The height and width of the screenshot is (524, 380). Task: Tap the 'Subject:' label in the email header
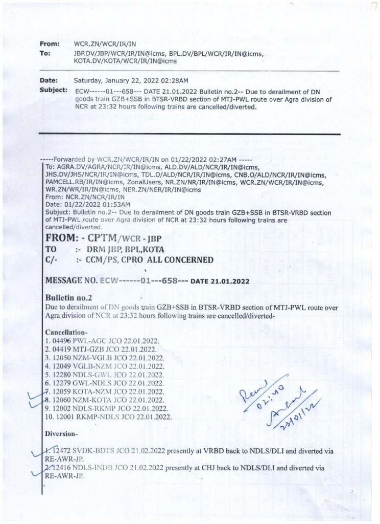(53, 90)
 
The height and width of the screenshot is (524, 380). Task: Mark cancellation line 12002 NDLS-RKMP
(106, 408)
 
